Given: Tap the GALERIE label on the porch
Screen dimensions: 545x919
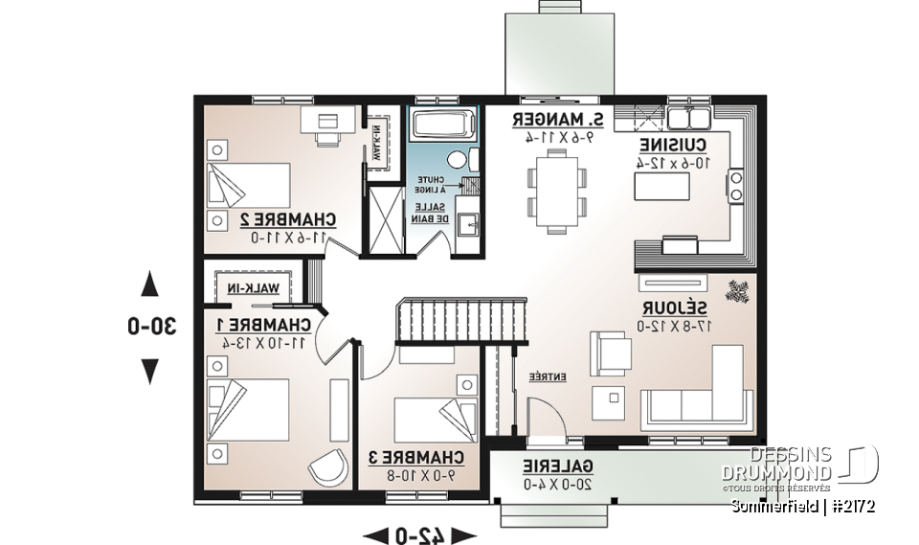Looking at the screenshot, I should (559, 466).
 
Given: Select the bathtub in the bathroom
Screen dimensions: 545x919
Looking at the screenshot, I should (442, 125).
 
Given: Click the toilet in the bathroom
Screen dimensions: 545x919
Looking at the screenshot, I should (459, 159).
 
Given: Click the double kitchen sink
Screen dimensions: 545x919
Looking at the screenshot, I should (688, 118).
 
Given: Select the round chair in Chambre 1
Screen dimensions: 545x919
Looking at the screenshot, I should (328, 467).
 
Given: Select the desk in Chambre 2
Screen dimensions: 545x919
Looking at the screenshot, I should (327, 120).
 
